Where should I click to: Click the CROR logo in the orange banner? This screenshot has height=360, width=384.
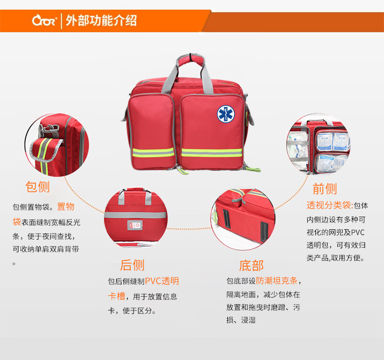pos(44,20)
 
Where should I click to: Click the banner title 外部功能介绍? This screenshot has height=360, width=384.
pos(101,20)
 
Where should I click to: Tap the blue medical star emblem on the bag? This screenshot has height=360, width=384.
pos(226,114)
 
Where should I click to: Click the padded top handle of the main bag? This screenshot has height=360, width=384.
pos(191,60)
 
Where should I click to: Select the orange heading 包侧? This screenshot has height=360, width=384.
pos(38,187)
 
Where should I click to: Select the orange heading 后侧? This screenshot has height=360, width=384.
pos(132,265)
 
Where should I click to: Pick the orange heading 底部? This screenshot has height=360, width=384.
pos(251,266)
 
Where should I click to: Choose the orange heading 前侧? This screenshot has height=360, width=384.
pos(325,189)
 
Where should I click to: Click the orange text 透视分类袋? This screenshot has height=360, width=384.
pos(329,206)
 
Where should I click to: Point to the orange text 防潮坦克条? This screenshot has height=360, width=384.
pos(277,281)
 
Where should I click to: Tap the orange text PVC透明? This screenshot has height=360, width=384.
pos(162,281)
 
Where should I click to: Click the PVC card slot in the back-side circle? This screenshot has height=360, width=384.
pos(135,225)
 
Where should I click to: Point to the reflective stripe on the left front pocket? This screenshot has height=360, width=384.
pos(153,153)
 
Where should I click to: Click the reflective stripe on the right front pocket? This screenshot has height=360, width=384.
pos(211,153)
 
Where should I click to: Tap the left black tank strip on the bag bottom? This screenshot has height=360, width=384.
pos(227,219)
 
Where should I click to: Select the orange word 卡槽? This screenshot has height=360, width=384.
pos(117,296)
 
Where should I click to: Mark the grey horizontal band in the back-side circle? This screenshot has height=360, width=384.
pos(136,215)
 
